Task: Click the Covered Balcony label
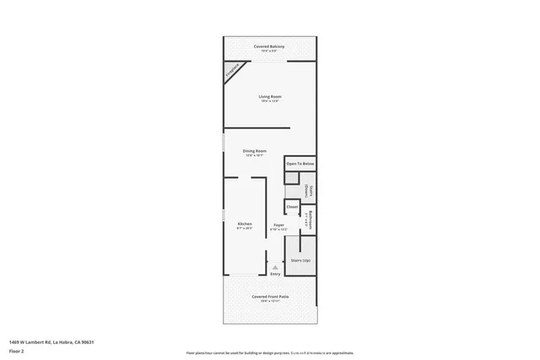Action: pos(269,46)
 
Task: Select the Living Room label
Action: pos(269,96)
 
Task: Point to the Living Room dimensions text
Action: pos(269,101)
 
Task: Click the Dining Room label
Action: pos(254,150)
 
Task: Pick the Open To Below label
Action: pos(300,164)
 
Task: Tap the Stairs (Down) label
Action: pos(310,192)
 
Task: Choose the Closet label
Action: pos(292,207)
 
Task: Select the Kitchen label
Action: pos(244,223)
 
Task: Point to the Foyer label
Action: pos(278,224)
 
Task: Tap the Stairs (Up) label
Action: pos(300,261)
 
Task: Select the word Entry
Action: pos(275,274)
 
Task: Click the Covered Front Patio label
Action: pos(269,297)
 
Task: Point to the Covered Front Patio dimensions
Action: pos(269,302)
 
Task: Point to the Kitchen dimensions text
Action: pos(244,228)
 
